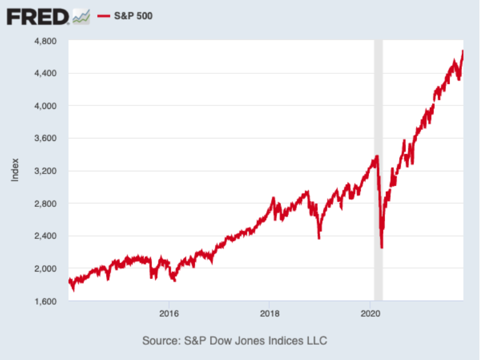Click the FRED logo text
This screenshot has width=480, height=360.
(x=38, y=16)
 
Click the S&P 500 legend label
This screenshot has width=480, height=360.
(x=133, y=16)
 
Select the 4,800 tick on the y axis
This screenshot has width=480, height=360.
(x=50, y=41)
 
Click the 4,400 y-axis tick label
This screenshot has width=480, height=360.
(x=50, y=73)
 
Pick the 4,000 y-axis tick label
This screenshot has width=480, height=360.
(x=50, y=106)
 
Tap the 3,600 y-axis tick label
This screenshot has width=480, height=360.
(x=50, y=139)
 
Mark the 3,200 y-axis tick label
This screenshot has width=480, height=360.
(x=50, y=171)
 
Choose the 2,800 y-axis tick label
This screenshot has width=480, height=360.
(x=50, y=204)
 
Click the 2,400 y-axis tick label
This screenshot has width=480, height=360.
(x=50, y=237)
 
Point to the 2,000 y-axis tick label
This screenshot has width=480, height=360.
(x=50, y=269)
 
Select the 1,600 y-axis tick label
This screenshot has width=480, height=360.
(x=50, y=302)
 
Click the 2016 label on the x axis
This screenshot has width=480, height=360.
(x=169, y=313)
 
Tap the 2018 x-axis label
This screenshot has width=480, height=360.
(x=269, y=313)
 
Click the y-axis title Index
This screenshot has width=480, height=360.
(x=15, y=170)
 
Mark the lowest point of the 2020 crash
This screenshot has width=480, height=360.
(x=382, y=248)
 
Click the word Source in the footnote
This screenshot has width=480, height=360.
(x=159, y=340)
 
